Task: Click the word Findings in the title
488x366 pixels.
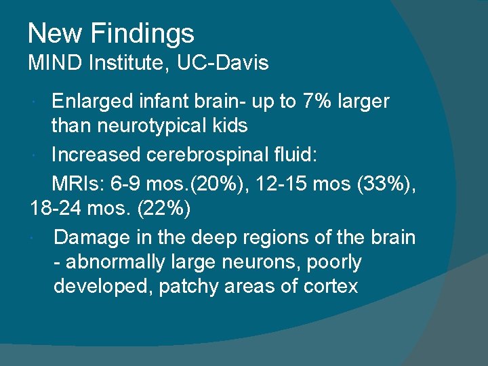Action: point(142,33)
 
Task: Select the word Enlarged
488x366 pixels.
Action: point(91,102)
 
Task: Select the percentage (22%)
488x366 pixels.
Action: point(164,209)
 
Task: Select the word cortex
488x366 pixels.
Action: point(330,286)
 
